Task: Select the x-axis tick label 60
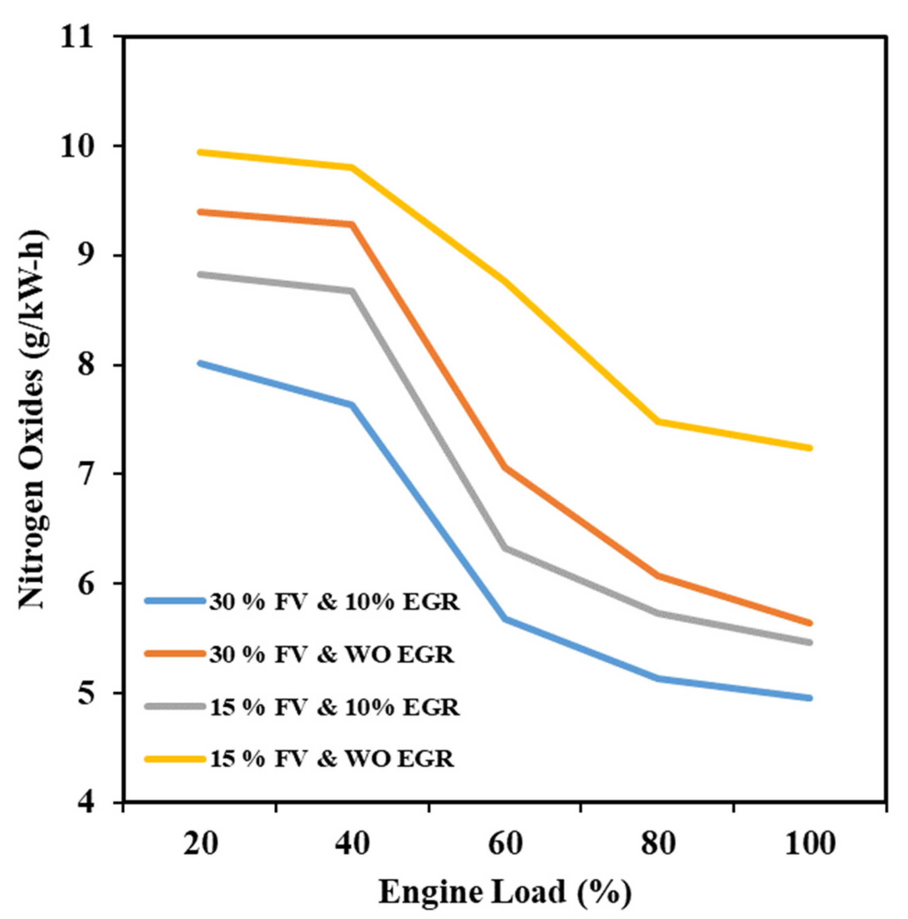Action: click(505, 845)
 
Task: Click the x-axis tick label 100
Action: click(810, 845)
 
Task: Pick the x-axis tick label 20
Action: click(200, 845)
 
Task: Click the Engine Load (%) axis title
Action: click(505, 892)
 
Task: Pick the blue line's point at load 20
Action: click(200, 363)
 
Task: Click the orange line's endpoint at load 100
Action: click(810, 623)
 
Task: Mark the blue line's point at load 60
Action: click(505, 619)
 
